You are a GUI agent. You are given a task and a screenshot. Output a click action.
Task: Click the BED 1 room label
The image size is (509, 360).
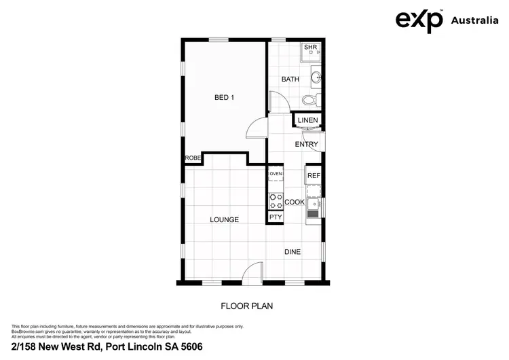[224, 98]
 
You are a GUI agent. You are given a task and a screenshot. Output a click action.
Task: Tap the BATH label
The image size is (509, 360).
[290, 79]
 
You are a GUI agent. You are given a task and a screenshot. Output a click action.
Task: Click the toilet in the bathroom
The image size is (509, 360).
[309, 101]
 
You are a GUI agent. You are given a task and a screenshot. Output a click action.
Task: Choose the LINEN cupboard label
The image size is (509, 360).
[307, 121]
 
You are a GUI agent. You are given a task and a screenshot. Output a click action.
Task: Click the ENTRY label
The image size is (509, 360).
[306, 144]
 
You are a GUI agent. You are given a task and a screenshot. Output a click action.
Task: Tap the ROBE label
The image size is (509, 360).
[193, 158]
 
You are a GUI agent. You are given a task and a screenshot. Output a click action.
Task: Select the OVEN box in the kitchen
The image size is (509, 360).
[276, 175]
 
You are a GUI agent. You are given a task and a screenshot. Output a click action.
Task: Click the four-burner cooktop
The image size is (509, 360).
[276, 200]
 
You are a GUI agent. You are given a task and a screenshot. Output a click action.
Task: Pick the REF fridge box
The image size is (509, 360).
[313, 175]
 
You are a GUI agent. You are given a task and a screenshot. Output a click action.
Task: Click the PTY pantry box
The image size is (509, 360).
[276, 217]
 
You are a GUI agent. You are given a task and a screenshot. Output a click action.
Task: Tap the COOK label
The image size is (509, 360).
[294, 202]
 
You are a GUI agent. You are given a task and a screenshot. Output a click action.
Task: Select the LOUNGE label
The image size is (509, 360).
[224, 219]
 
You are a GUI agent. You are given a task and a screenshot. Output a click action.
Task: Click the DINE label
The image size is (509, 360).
[293, 252]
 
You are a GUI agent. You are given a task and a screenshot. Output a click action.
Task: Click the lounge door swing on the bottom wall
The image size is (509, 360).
[252, 272]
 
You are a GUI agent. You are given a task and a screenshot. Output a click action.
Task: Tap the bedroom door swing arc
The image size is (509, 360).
[256, 128]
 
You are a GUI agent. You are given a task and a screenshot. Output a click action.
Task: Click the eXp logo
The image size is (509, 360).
[419, 20]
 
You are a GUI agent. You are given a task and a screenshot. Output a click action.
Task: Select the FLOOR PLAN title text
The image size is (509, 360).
[247, 306]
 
